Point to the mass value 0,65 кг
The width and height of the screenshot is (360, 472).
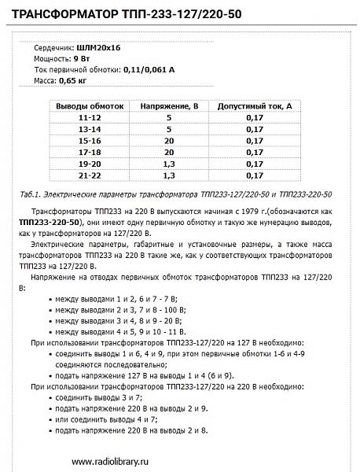point(74,81)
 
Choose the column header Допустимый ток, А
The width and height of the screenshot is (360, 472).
point(255,105)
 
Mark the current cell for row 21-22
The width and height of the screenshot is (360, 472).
point(255,175)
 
